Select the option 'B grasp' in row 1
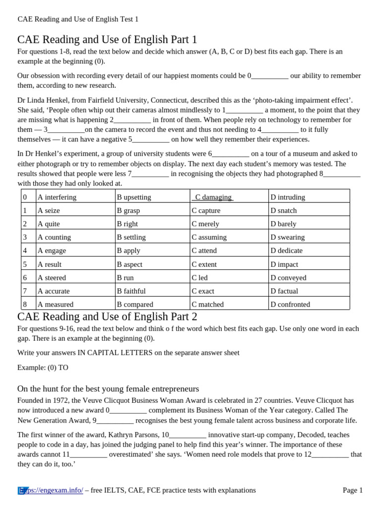coord(128,210)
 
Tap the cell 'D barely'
coord(283,224)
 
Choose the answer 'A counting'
coord(54,237)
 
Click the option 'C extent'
coord(204,264)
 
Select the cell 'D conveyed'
coord(288,278)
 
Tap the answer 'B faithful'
coord(131,291)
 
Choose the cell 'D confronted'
coord(290,304)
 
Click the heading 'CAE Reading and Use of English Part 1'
coord(107,40)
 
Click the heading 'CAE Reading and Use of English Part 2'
coord(107,317)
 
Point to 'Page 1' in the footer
coord(353,490)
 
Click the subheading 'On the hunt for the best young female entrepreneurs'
coord(108,388)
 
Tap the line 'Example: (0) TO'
coord(43,368)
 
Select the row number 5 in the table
coord(25,264)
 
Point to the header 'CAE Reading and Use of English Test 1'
coord(78,19)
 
